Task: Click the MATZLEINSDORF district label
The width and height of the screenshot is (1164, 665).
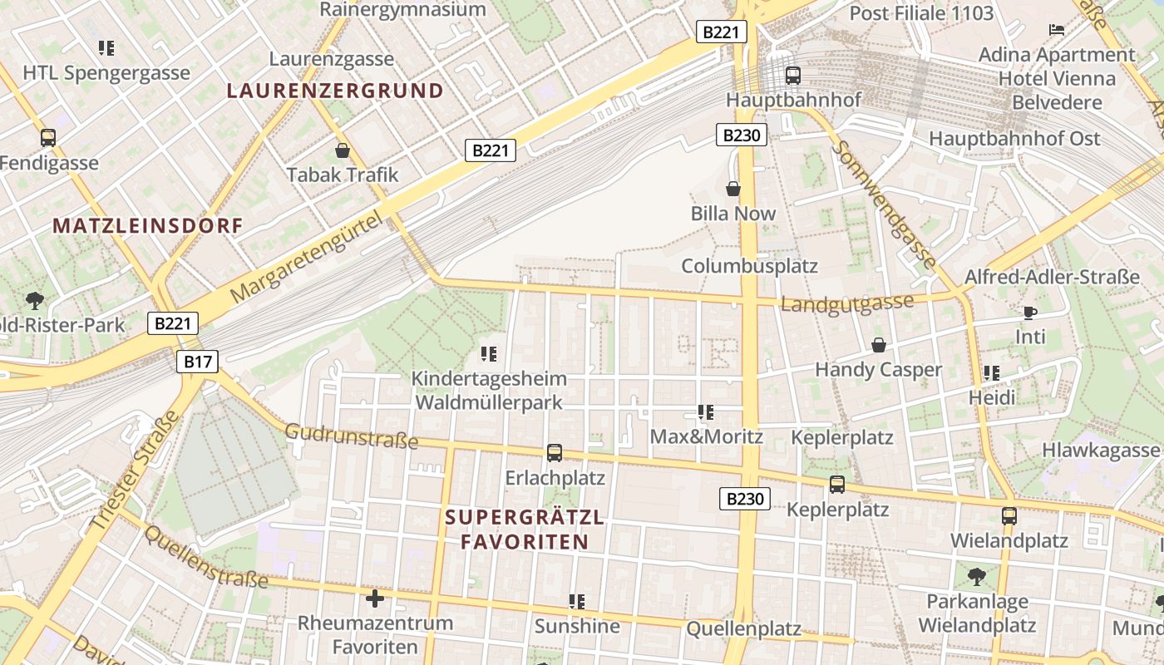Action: point(148,225)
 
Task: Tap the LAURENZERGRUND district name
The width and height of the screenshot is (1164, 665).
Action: point(335,91)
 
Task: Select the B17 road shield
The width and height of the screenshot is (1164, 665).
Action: point(197,361)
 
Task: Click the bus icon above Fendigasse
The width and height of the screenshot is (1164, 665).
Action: point(48,138)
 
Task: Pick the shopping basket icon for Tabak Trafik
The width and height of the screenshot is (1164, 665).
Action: point(342,150)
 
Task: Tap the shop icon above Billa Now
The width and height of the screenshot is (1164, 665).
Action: point(733,189)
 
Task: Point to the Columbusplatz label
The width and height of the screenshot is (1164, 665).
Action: point(749,266)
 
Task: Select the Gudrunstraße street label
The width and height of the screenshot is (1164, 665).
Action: point(351,436)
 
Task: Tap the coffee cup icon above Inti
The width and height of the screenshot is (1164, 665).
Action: point(1030,313)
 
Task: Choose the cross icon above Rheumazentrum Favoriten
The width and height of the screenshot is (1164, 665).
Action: point(375,598)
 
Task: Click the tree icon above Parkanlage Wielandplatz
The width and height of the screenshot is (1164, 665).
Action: point(977,575)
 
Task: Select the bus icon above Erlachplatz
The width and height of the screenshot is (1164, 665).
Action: point(555,453)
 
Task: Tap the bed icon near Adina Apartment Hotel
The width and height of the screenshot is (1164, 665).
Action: point(1057,30)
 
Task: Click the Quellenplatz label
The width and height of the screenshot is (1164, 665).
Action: point(743,629)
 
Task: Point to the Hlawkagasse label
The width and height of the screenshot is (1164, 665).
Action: point(1100,450)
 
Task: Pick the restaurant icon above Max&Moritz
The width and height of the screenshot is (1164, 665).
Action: point(706,411)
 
